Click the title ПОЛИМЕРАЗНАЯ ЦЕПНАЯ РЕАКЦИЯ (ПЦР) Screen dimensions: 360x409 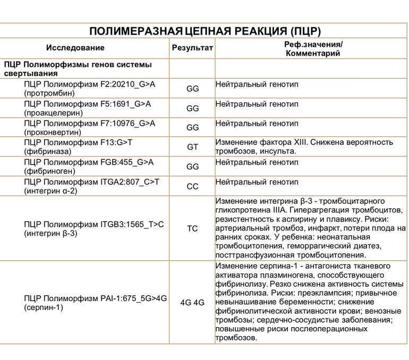pyautogui.click(x=204, y=30)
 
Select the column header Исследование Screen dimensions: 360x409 pyautogui.click(x=75, y=48)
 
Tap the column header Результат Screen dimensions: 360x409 pyautogui.click(x=192, y=48)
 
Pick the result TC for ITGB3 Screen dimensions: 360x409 pyautogui.click(x=192, y=229)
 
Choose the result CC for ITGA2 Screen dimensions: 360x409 pyautogui.click(x=192, y=186)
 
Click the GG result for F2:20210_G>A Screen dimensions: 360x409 pyautogui.click(x=192, y=89)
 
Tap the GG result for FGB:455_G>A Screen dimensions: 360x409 pyautogui.click(x=192, y=167)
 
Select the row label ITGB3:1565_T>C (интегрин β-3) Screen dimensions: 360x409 pyautogui.click(x=94, y=229)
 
